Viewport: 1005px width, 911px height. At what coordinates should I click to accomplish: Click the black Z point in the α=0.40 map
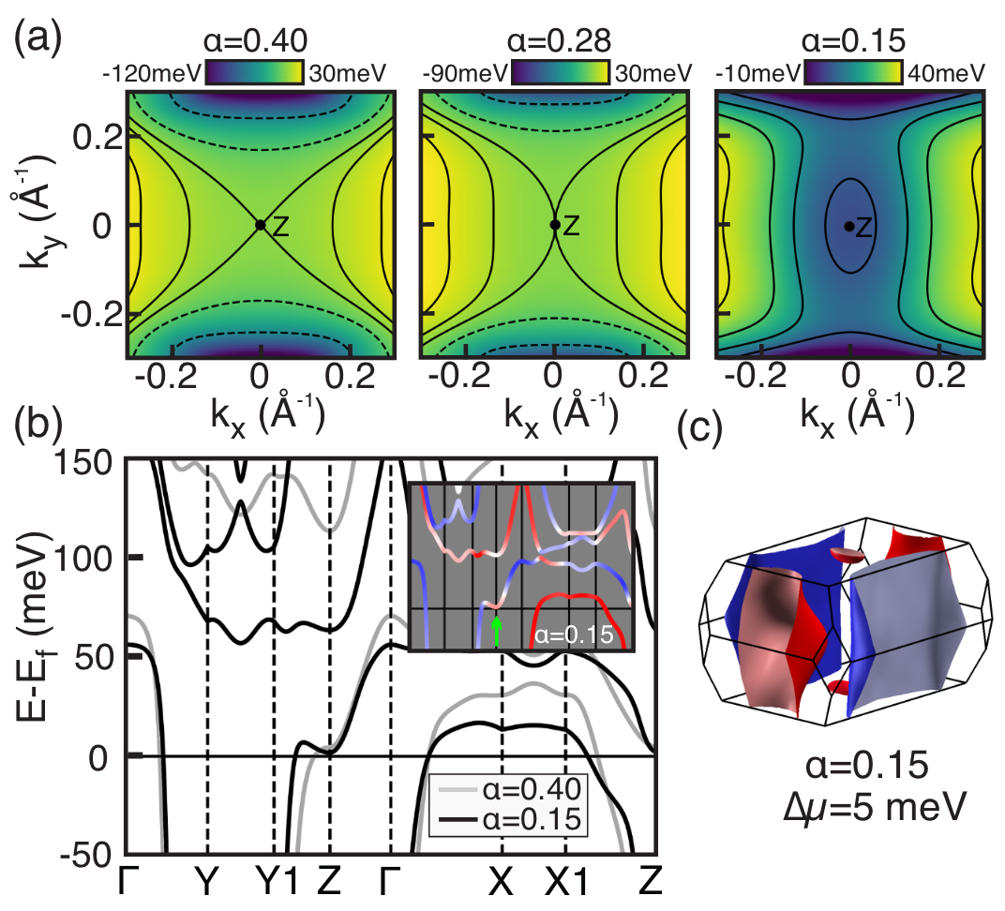[261, 225]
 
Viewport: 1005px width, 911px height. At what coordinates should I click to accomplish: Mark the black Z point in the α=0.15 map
[848, 226]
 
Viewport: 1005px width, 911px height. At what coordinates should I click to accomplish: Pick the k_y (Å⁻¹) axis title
[36, 226]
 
